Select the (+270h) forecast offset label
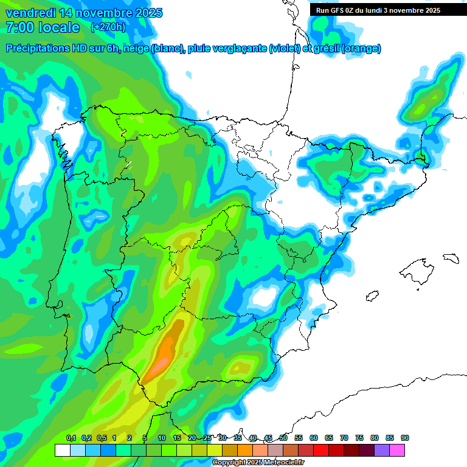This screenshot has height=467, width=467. pyautogui.click(x=108, y=27)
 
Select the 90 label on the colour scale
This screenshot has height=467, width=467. pyautogui.click(x=405, y=438)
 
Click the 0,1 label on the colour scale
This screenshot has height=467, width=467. pyautogui.click(x=71, y=438)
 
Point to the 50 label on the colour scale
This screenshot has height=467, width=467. pyautogui.click(x=283, y=438)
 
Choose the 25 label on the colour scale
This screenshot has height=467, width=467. pyautogui.click(x=207, y=438)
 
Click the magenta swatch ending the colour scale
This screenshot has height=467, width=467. pyautogui.click(x=397, y=450)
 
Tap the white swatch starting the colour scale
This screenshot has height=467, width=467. pyautogui.click(x=62, y=450)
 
